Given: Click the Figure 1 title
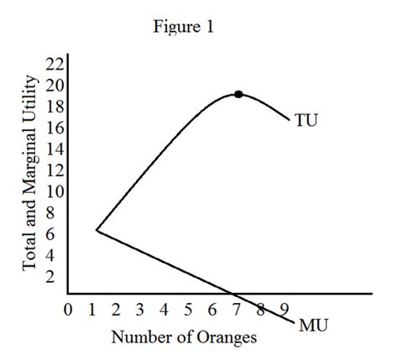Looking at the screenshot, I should point(183,27).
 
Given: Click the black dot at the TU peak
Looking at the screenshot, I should point(238,94).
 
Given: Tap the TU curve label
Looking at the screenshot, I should point(308,121).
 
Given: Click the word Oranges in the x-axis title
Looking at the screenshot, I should point(226,338).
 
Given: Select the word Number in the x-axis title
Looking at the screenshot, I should point(139,338).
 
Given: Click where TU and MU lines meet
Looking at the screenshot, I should point(97,229).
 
